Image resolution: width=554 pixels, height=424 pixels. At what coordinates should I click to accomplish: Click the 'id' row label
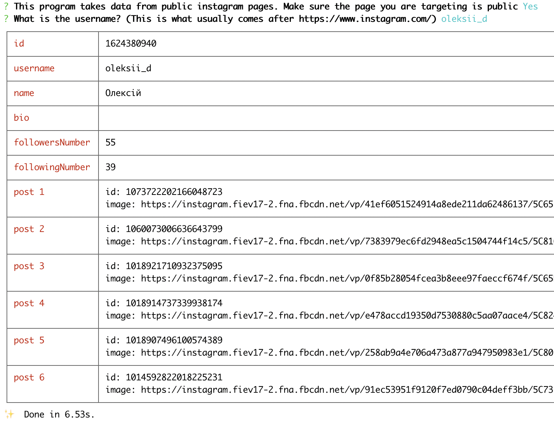(19, 44)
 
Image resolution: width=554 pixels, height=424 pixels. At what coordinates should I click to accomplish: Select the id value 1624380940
(131, 44)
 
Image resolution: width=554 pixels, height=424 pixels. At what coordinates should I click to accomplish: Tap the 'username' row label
(34, 68)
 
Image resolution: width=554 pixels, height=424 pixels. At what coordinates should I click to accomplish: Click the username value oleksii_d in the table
(128, 68)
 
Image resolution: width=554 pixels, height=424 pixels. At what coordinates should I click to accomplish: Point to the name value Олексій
(123, 93)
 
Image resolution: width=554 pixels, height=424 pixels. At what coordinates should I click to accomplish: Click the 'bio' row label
(21, 118)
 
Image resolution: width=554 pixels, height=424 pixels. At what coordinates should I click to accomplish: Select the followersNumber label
(52, 143)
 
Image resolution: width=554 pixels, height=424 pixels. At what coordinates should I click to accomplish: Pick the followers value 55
(111, 143)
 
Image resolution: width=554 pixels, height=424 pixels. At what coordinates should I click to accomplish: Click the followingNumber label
(52, 167)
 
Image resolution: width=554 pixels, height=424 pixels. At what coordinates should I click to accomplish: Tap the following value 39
(111, 167)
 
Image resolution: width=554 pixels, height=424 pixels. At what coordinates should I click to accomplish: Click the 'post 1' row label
(29, 192)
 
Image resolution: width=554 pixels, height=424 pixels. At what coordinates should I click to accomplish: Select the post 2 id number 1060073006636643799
(174, 229)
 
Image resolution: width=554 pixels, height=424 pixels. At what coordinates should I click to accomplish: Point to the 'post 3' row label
(29, 266)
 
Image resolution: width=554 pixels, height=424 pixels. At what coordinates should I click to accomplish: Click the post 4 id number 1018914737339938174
(174, 303)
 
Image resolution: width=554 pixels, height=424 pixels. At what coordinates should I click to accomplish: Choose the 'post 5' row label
(29, 340)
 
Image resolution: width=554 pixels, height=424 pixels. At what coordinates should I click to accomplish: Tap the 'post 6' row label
(29, 377)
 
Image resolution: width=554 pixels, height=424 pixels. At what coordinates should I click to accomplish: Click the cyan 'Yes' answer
(530, 7)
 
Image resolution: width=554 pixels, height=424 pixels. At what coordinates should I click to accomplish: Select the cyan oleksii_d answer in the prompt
(464, 19)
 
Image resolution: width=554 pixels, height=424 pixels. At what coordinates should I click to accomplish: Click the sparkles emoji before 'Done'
(9, 414)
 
